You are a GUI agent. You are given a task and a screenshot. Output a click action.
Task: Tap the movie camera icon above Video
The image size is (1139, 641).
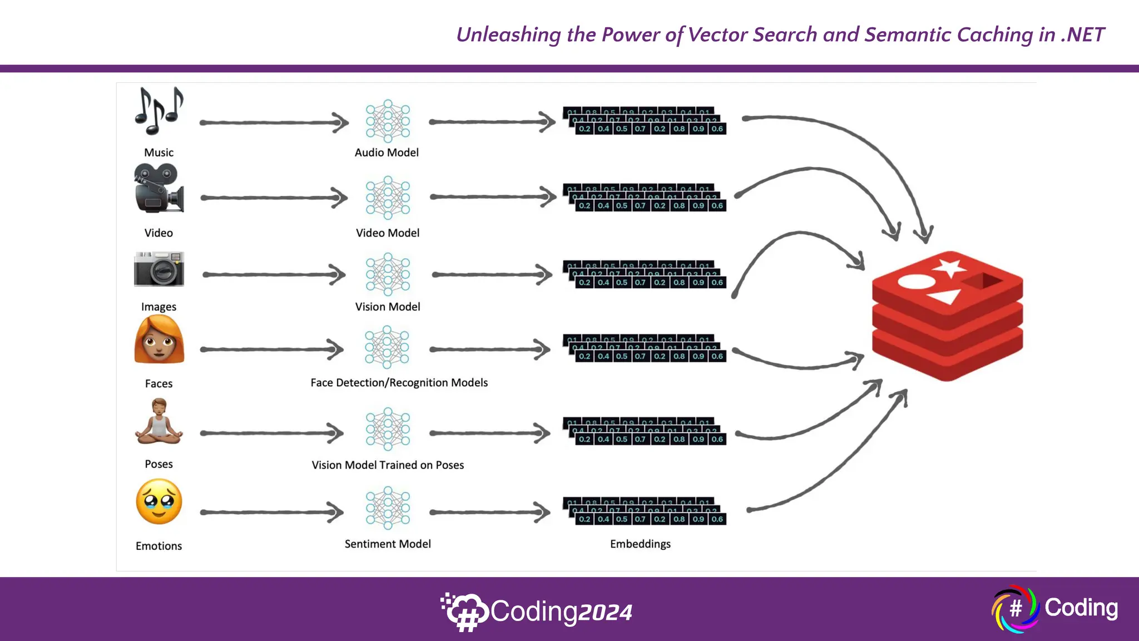click(159, 189)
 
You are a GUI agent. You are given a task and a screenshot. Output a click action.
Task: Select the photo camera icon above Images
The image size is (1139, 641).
click(159, 269)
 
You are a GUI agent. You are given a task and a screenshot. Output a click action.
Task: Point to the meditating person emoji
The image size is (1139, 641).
click(159, 422)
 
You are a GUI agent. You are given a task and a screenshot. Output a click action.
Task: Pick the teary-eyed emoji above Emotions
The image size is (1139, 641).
click(159, 502)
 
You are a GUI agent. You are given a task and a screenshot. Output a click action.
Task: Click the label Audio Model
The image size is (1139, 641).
click(387, 152)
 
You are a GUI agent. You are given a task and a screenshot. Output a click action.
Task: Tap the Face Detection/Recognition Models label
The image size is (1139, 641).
click(399, 383)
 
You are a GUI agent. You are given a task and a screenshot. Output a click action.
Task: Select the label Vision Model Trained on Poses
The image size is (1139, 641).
click(388, 465)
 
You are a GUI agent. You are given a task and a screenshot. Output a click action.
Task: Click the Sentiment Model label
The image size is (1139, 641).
click(388, 544)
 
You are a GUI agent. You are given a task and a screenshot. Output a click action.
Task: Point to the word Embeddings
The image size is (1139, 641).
click(640, 544)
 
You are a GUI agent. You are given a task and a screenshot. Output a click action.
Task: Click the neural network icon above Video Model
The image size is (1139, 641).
click(388, 198)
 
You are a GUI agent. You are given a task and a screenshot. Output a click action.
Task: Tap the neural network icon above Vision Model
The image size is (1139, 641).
click(388, 274)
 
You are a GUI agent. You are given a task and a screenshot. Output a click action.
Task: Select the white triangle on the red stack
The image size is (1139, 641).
click(945, 296)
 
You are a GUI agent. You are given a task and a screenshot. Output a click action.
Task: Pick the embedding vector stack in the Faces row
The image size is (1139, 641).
click(645, 348)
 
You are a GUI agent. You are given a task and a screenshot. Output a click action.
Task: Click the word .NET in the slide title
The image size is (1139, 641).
click(1082, 34)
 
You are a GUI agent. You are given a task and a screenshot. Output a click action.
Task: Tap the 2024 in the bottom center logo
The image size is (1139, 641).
click(605, 613)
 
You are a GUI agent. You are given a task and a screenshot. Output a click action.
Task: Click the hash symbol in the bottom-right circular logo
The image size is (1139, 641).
click(1016, 608)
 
